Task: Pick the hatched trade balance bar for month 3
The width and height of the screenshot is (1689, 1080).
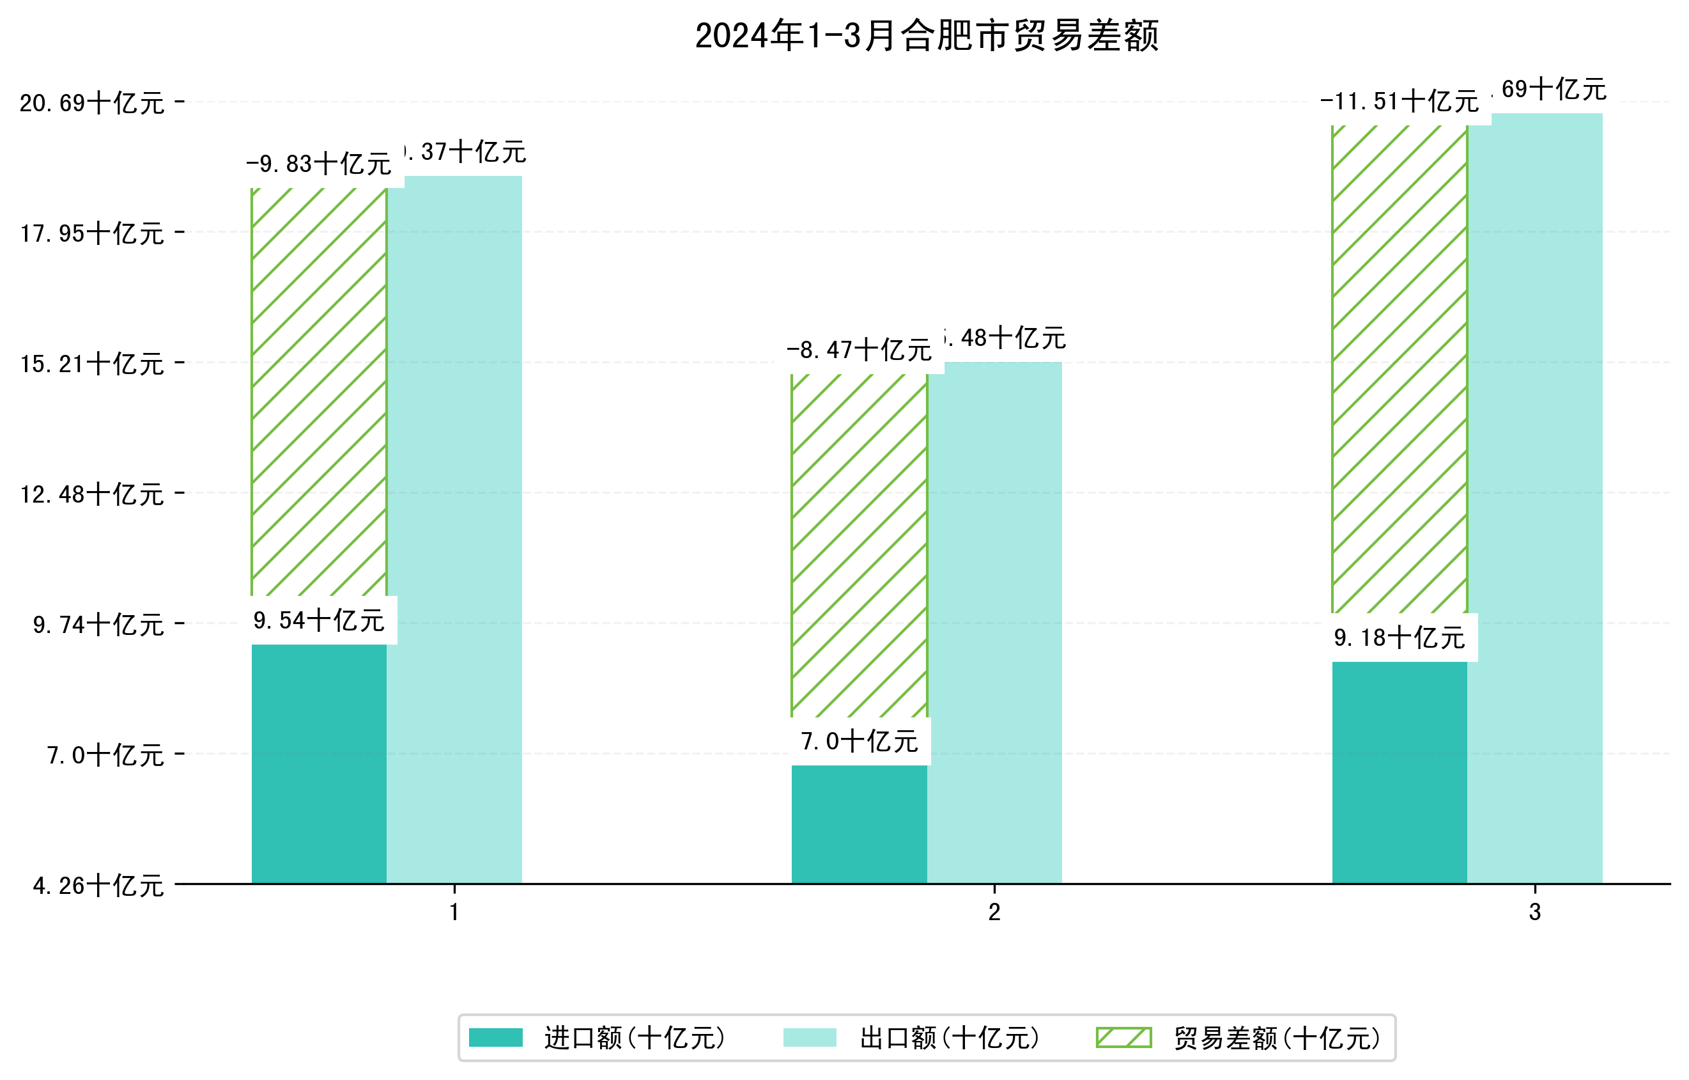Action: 1399,369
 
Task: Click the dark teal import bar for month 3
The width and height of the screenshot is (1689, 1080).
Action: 1399,772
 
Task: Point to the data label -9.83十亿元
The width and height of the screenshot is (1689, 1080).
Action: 318,164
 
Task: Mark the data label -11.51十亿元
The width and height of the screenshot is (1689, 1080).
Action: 1399,102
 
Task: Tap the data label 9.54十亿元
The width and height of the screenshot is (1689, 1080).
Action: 318,620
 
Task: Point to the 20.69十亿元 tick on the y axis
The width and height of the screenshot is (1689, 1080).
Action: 92,103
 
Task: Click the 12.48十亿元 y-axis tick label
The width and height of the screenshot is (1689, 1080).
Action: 92,495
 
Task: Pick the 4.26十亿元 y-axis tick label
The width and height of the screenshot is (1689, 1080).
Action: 98,886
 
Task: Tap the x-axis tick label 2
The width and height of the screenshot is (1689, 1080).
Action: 994,912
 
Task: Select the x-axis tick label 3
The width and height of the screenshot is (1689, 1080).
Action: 1535,912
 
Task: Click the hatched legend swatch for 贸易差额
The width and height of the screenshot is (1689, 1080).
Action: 1123,1037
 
